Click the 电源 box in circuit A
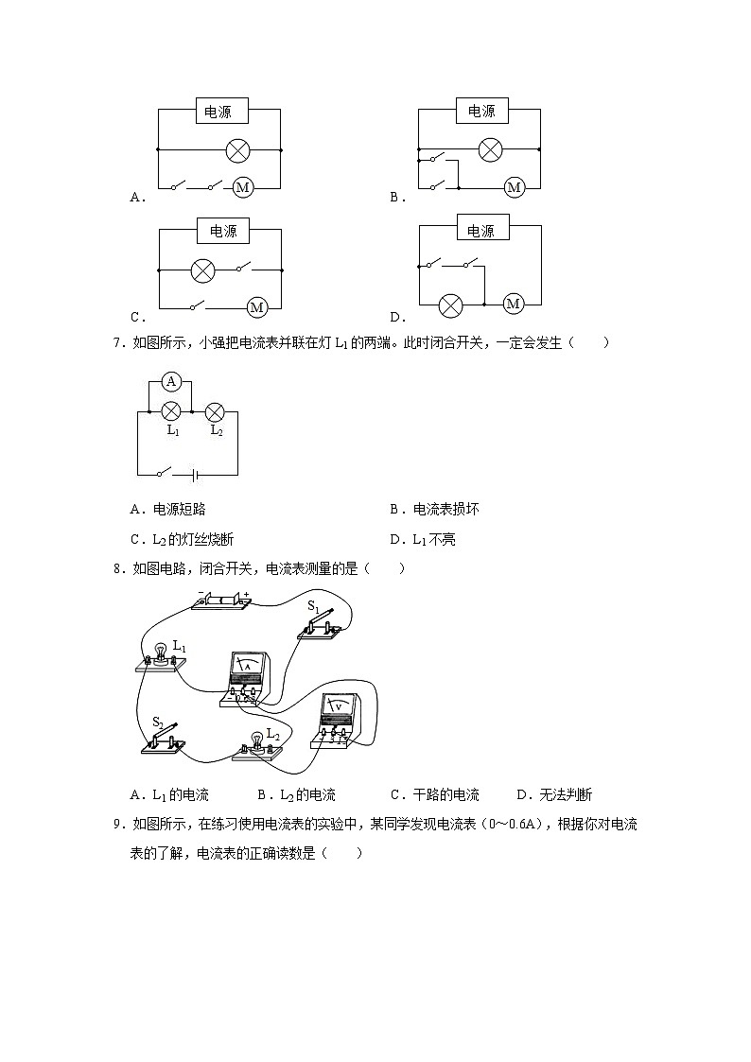point(222,111)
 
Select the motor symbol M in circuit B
point(514,187)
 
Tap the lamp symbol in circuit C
point(202,270)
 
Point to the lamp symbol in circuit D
point(450,305)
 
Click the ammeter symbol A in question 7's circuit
point(171,381)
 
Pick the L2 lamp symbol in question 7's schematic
point(215,411)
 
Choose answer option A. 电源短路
point(168,510)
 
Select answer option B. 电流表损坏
point(435,510)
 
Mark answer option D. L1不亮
point(423,540)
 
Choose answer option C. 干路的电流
point(435,794)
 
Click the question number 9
point(118,825)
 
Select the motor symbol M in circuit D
point(514,305)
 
